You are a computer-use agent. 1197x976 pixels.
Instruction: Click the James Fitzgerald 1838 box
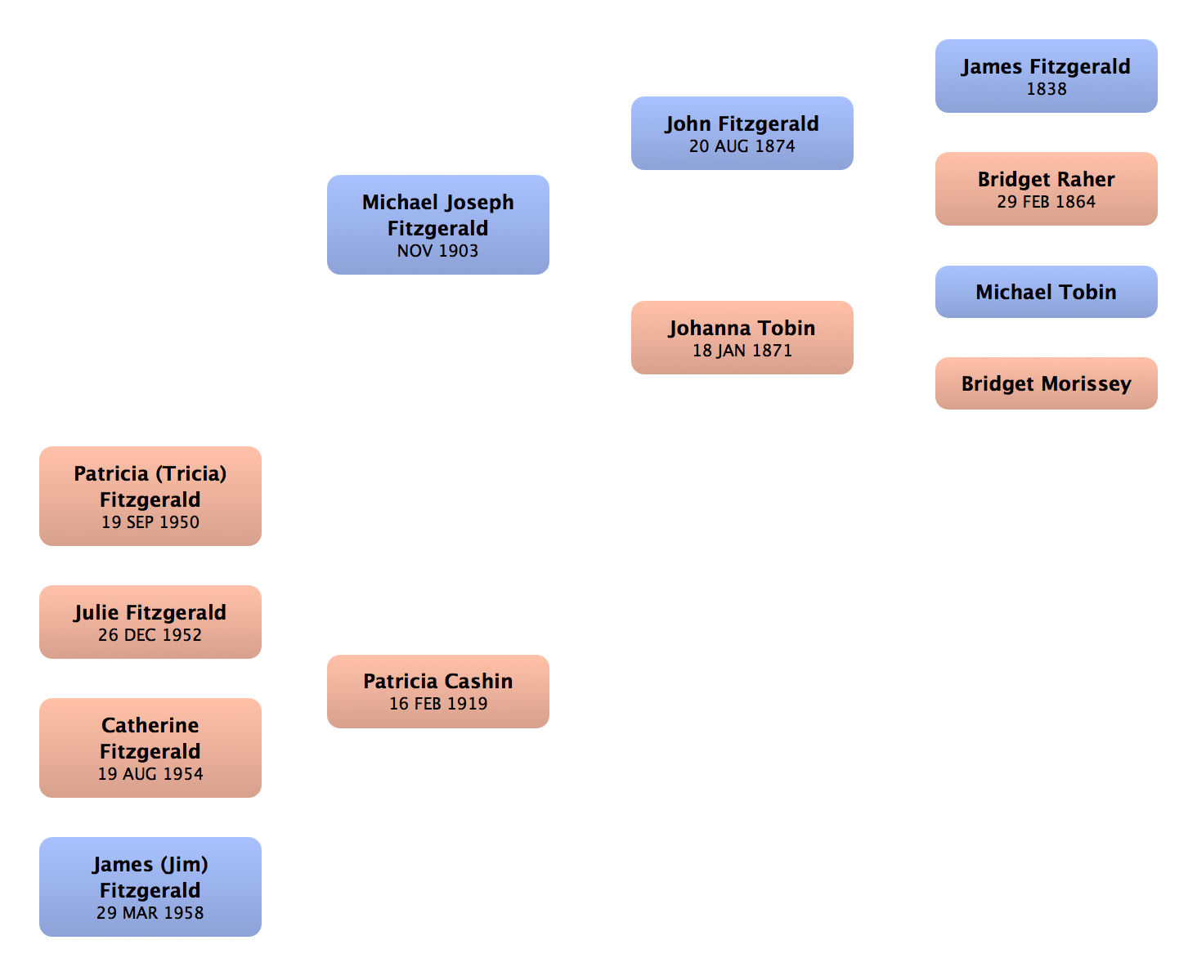point(1047,77)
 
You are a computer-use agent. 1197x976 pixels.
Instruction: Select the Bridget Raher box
point(1047,190)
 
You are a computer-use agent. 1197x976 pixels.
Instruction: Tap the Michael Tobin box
point(1047,292)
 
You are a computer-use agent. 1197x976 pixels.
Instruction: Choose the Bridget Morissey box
point(1047,383)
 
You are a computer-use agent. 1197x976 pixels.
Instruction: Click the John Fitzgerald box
point(742,133)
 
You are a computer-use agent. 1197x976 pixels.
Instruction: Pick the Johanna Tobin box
point(742,338)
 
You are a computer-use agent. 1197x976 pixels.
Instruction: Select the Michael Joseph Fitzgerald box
point(438,225)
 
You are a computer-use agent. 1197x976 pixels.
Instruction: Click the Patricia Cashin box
point(438,691)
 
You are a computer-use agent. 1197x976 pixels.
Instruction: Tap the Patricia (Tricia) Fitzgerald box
point(150,496)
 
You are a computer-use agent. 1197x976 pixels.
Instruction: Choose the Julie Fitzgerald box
point(150,622)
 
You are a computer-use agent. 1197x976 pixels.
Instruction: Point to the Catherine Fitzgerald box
point(150,748)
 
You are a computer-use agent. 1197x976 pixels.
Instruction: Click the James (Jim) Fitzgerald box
point(150,887)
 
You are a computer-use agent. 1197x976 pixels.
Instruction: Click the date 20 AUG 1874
point(742,146)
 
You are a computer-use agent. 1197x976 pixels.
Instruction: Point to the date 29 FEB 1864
point(1047,202)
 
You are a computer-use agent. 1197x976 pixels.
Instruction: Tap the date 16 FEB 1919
point(438,704)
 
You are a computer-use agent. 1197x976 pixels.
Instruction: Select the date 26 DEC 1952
point(150,635)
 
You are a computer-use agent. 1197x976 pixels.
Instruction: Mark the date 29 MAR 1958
point(150,913)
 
